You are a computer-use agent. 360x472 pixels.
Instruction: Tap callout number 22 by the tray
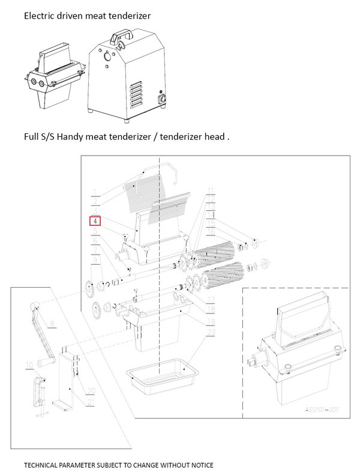click(211, 333)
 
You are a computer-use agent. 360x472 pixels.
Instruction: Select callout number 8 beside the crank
click(53, 324)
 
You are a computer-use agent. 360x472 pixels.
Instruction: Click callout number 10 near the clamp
click(28, 364)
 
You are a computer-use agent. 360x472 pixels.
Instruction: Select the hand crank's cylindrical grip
click(47, 363)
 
